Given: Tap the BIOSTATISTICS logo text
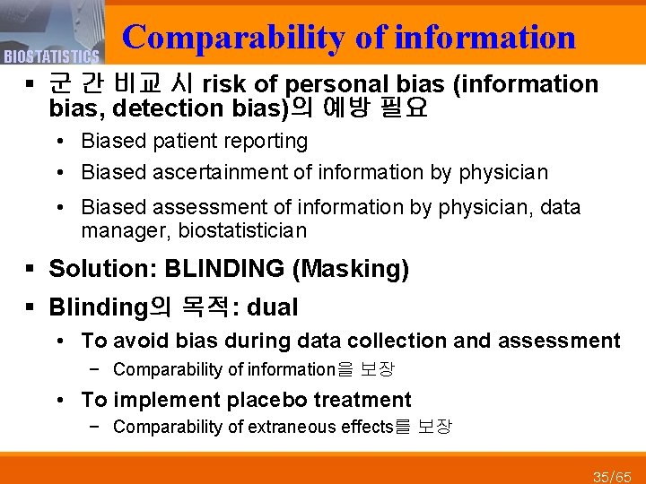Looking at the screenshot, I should click(x=50, y=57).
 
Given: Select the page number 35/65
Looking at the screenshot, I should click(x=612, y=475).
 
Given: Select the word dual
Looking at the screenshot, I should click(x=272, y=307).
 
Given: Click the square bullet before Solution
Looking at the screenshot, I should click(x=31, y=269).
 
